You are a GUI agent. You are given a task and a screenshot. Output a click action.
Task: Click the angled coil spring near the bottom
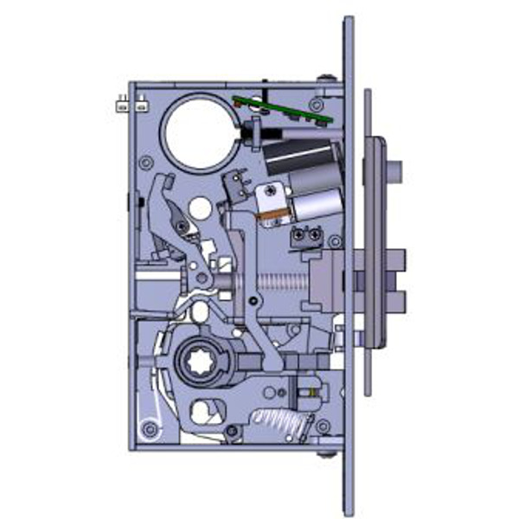[279, 421]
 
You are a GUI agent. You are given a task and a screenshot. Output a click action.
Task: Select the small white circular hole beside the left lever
[200, 208]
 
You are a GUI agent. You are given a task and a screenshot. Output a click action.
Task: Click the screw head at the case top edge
[325, 82]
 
